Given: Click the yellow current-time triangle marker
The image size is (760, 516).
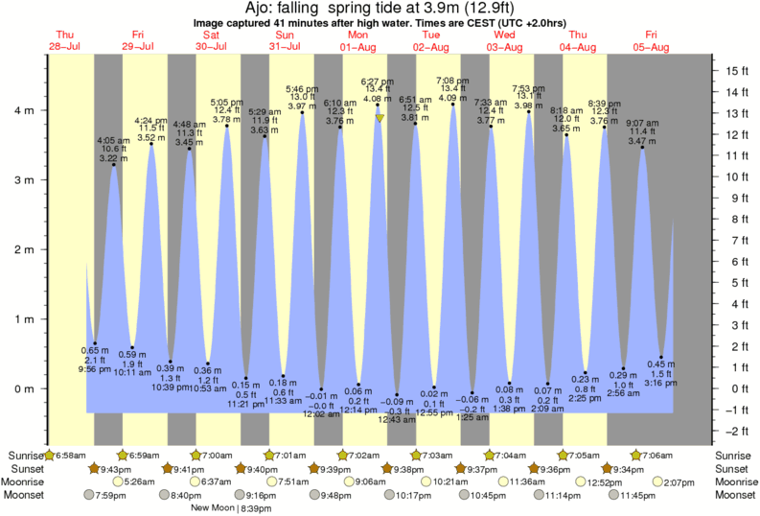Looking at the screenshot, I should [380, 118].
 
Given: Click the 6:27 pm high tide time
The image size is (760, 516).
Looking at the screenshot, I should [377, 82].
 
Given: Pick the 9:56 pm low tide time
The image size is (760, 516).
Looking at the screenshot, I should [94, 368].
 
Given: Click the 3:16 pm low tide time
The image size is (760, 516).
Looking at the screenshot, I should [661, 383].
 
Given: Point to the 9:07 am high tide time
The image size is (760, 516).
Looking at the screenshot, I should [642, 122].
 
